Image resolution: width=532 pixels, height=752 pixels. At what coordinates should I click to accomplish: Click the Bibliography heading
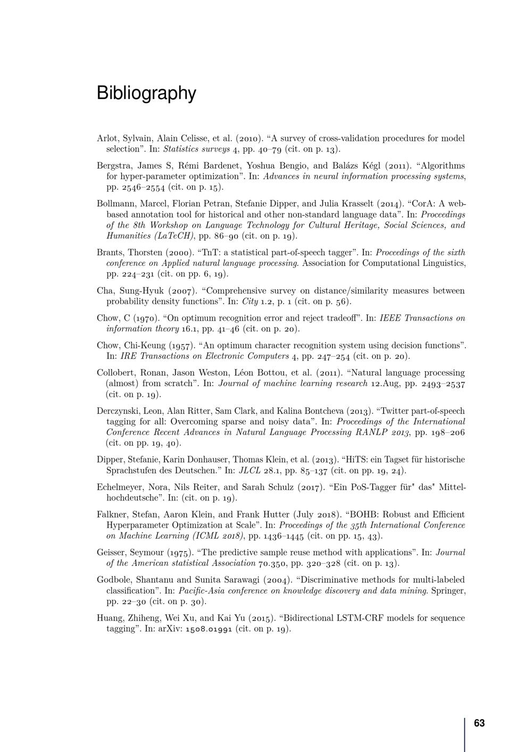(x=146, y=93)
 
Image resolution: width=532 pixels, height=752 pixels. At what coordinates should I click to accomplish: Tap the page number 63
(x=479, y=723)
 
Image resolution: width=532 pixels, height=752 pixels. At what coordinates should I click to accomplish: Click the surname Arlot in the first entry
(x=107, y=138)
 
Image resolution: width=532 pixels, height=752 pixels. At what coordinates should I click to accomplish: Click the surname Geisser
(x=111, y=553)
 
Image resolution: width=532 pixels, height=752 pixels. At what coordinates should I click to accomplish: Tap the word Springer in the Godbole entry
(x=448, y=590)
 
